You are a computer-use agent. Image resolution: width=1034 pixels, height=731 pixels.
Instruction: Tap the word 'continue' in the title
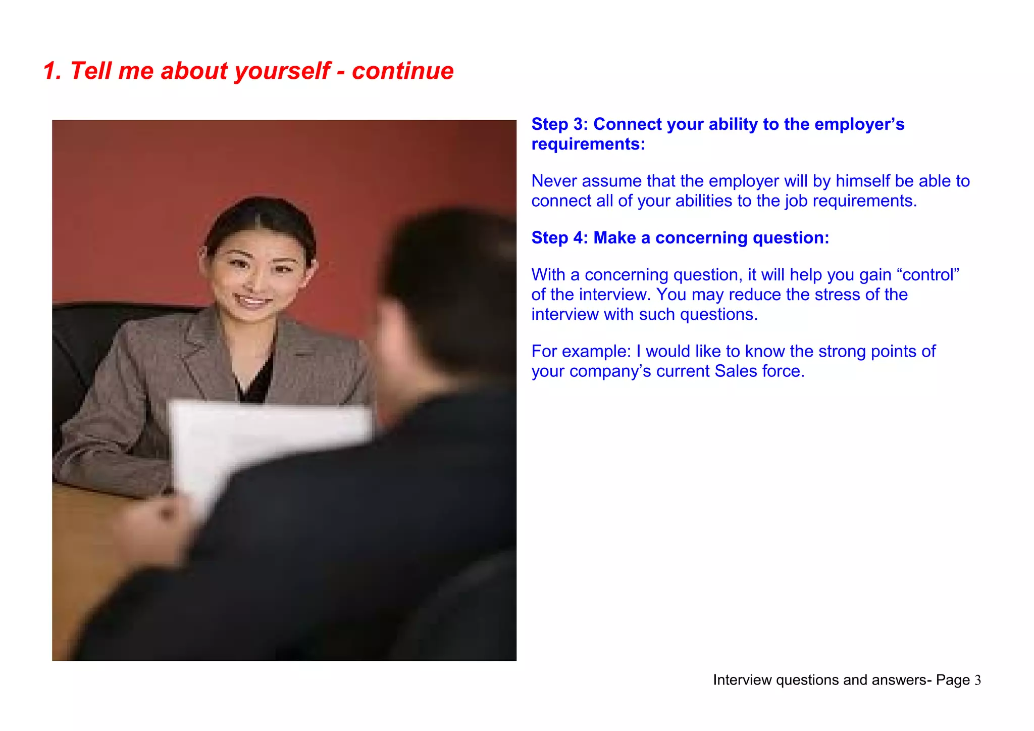pos(402,71)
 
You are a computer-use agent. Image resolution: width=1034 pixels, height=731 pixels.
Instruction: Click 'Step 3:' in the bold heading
pos(559,124)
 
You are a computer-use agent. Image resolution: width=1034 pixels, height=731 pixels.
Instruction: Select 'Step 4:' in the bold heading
pos(559,238)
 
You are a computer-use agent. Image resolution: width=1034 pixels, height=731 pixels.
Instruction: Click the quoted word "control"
pos(930,275)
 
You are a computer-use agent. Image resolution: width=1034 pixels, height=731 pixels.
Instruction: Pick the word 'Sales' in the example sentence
pos(736,371)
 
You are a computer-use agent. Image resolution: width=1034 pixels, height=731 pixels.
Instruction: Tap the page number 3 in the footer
pos(977,680)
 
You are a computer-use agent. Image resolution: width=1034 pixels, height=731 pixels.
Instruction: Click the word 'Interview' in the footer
pos(742,680)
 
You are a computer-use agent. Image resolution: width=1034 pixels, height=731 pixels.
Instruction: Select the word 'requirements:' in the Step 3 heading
pos(588,144)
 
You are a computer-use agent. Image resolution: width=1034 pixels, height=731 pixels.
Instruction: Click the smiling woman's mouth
pos(252,302)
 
